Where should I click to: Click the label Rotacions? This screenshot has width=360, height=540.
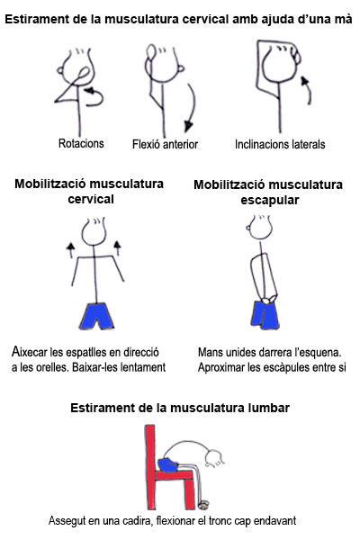tap(81, 143)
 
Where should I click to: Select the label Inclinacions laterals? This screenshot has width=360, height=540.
tap(280, 144)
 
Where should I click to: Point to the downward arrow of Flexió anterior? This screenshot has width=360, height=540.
tap(190, 108)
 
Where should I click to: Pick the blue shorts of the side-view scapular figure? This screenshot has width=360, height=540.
tap(265, 314)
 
